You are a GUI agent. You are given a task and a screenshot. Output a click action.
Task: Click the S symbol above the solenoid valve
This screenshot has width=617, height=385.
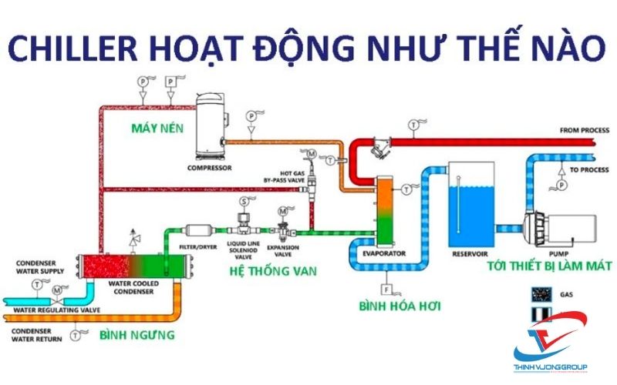(x=244, y=202)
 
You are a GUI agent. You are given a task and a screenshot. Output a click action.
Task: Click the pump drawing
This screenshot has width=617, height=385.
(x=561, y=226)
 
